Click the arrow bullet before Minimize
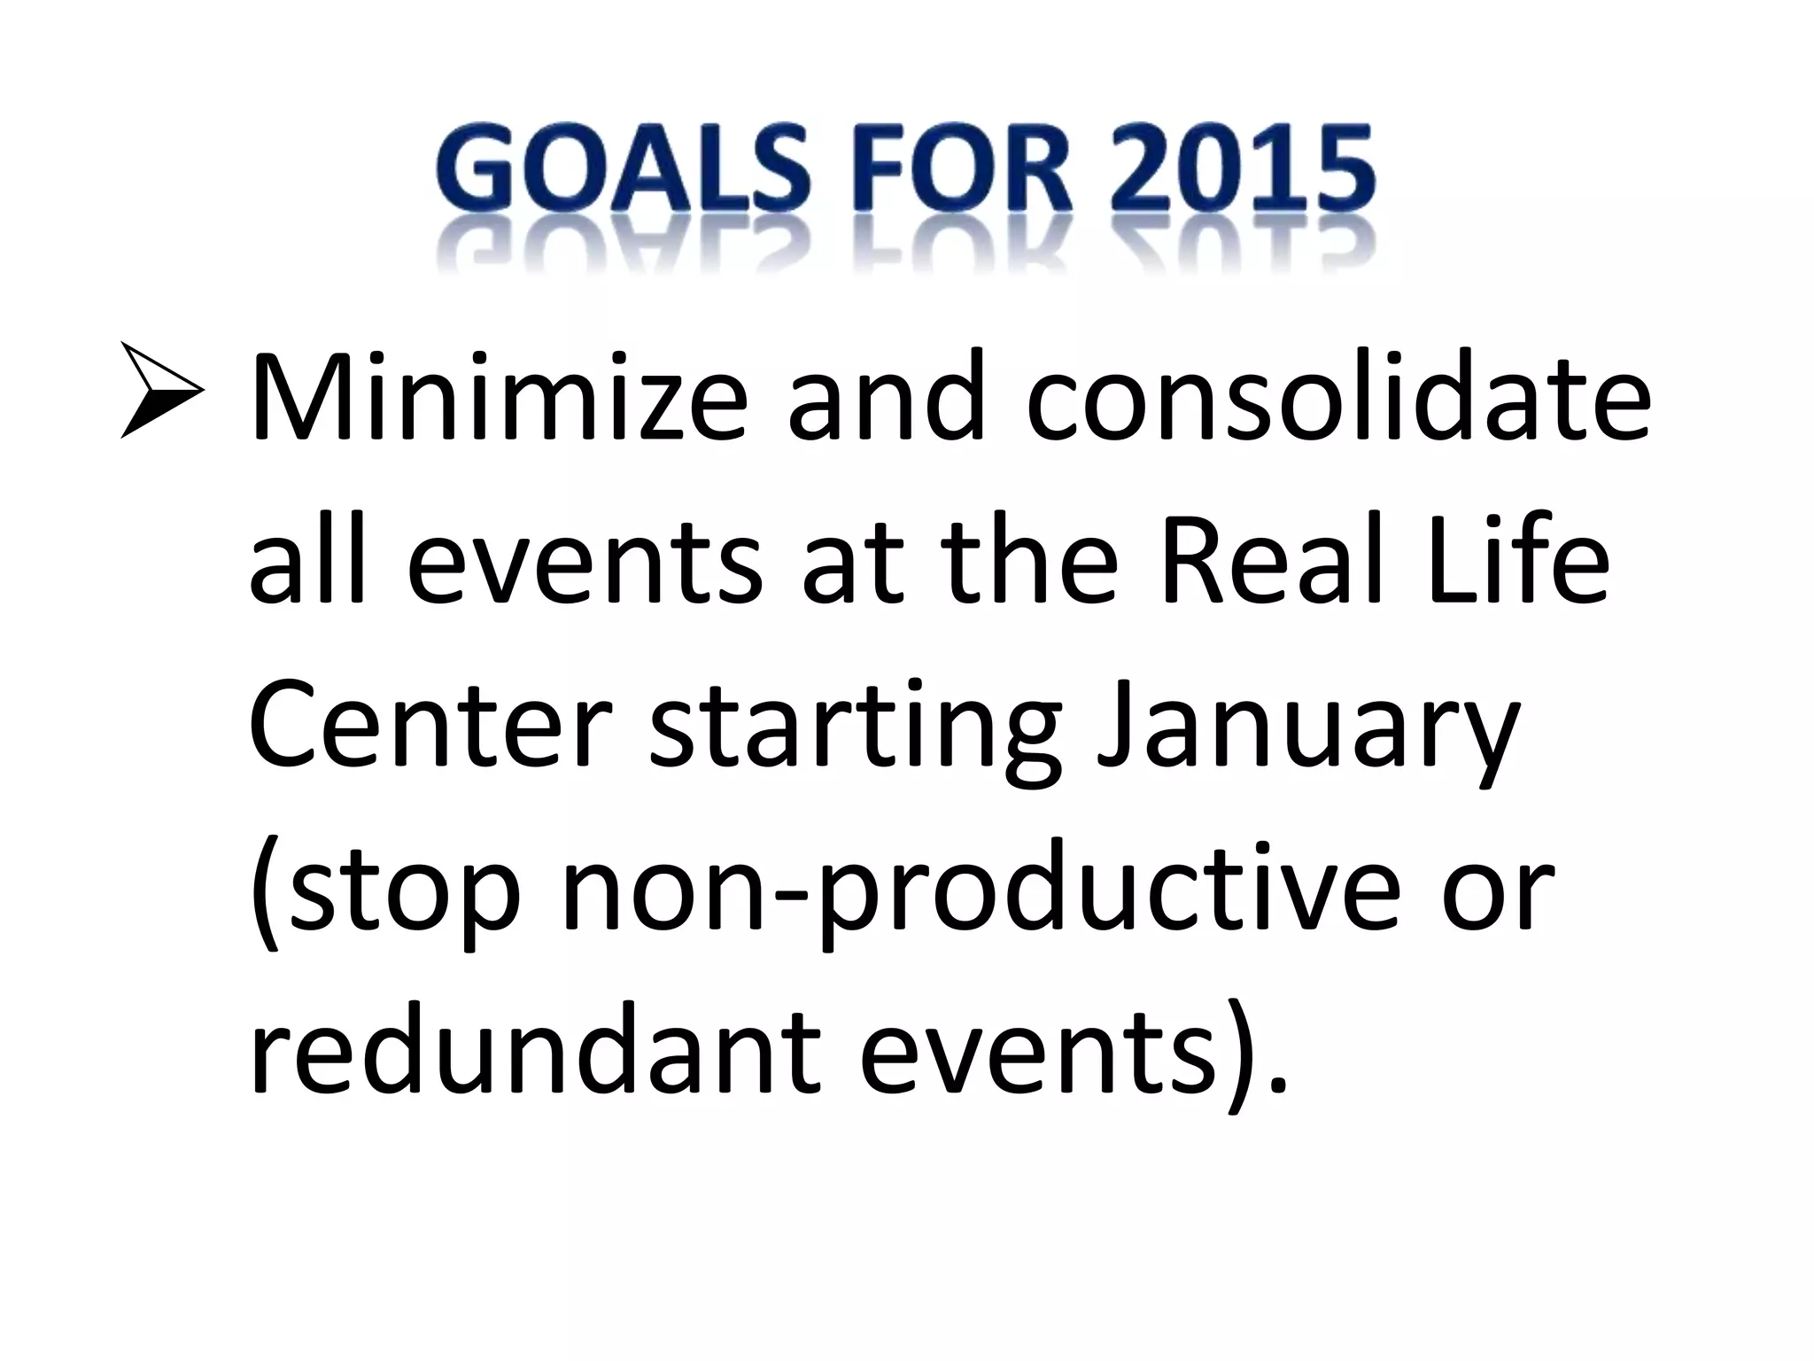click(163, 391)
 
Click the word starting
click(854, 735)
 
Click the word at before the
click(851, 567)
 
